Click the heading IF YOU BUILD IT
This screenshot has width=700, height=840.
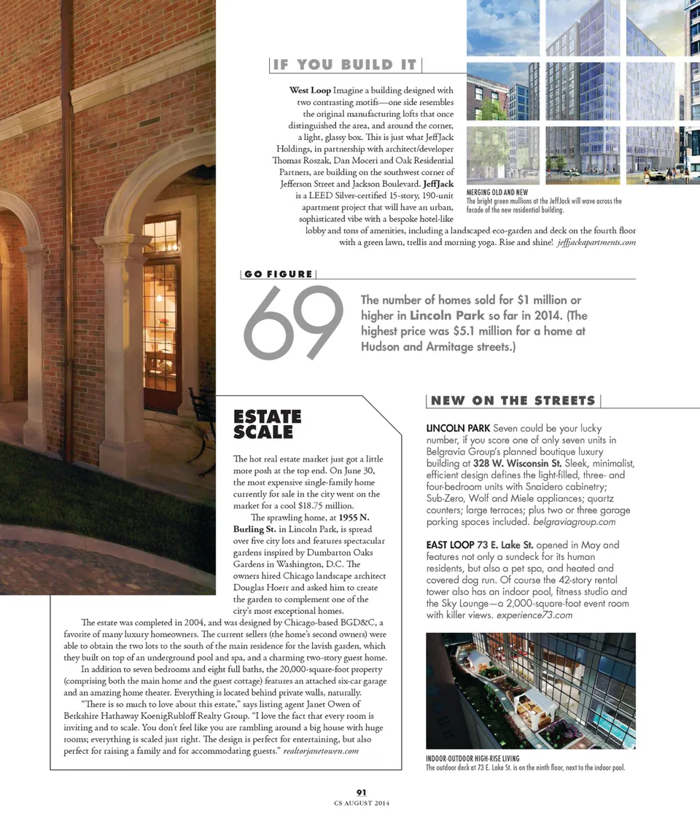pyautogui.click(x=345, y=65)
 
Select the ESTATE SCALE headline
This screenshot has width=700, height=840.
pyautogui.click(x=267, y=424)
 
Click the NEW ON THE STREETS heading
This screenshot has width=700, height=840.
pyautogui.click(x=513, y=400)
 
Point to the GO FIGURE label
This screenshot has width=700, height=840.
pyautogui.click(x=278, y=274)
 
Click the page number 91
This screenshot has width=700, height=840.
pyautogui.click(x=361, y=793)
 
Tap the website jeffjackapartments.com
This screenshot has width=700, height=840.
pyautogui.click(x=596, y=242)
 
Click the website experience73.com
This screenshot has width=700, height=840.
pyautogui.click(x=536, y=615)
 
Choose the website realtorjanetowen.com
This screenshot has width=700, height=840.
pyautogui.click(x=321, y=751)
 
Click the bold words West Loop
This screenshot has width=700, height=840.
pyautogui.click(x=310, y=90)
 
